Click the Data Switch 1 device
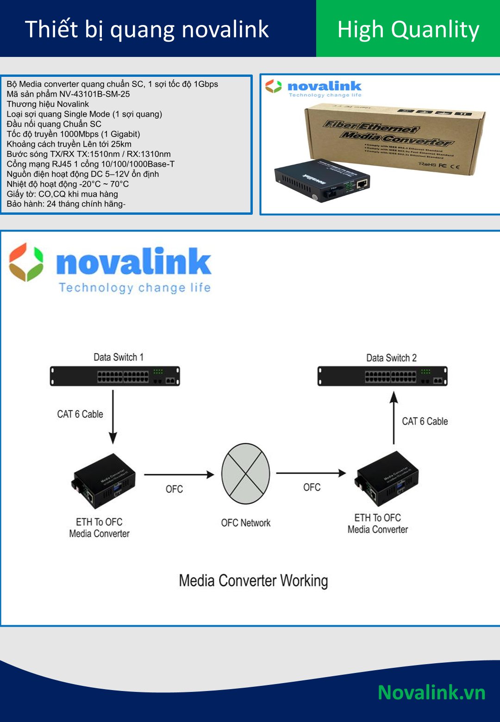tap(115, 376)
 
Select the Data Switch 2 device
tap(382, 376)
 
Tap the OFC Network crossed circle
tap(245, 474)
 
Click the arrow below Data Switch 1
tap(113, 417)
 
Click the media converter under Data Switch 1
tap(104, 481)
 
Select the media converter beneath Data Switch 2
tap(387, 479)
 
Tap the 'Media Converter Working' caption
tap(253, 581)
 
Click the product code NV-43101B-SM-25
tap(94, 94)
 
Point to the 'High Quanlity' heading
tap(408, 30)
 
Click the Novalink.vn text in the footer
tap(431, 692)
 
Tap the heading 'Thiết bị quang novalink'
tap(147, 29)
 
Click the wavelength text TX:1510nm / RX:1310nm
tap(124, 154)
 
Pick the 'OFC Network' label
tap(245, 523)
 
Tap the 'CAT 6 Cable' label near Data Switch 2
tap(425, 421)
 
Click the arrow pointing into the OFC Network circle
tap(179, 474)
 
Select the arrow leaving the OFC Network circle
tap(311, 473)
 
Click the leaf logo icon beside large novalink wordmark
tap(26, 262)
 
